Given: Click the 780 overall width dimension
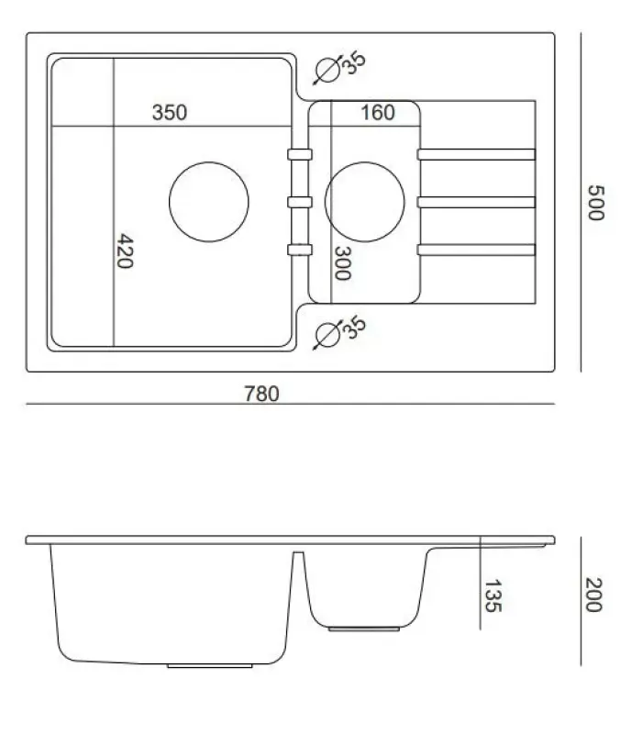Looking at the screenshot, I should (x=261, y=394).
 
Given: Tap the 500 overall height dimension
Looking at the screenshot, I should (x=593, y=203).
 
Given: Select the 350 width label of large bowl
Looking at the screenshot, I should (x=170, y=113).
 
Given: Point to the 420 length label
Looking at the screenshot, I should (x=126, y=250).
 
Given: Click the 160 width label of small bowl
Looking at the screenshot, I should (x=377, y=113).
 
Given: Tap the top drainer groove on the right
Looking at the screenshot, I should (x=476, y=154).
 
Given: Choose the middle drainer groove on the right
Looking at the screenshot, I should (x=476, y=202).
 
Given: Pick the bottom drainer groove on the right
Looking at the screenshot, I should (x=476, y=249).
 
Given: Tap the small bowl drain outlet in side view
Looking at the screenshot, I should (x=364, y=628).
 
